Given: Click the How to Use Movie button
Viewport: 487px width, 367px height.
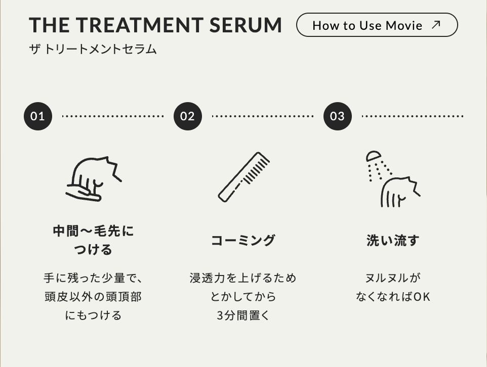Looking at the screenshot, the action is pyautogui.click(x=377, y=25).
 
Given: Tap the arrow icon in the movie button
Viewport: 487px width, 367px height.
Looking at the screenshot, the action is pyautogui.click(x=436, y=24).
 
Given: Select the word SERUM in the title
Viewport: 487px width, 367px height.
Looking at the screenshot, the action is pyautogui.click(x=246, y=25).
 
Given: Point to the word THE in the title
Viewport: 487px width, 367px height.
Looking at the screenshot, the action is pyautogui.click(x=49, y=25).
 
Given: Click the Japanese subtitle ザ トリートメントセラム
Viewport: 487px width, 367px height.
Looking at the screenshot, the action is pyautogui.click(x=93, y=50).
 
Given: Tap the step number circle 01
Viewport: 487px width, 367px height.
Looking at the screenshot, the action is pyautogui.click(x=38, y=116).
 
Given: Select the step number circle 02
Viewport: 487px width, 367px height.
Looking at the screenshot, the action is pyautogui.click(x=188, y=116).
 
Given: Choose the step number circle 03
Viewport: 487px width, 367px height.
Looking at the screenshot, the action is pyautogui.click(x=338, y=116).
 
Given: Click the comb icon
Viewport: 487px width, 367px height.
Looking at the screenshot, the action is pyautogui.click(x=243, y=177).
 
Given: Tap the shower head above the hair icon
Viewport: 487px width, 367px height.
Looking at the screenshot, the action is pyautogui.click(x=373, y=156).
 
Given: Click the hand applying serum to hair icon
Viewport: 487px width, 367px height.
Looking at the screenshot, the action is pyautogui.click(x=93, y=179).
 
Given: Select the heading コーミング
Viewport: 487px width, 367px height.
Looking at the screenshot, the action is pyautogui.click(x=243, y=241).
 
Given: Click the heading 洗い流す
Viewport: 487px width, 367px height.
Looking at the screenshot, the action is pyautogui.click(x=393, y=241).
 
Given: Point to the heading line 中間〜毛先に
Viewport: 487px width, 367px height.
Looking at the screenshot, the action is pyautogui.click(x=93, y=231).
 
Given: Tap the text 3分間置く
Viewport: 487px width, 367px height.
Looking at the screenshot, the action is pyautogui.click(x=243, y=315).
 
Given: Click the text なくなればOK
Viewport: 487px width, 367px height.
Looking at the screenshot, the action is pyautogui.click(x=393, y=297).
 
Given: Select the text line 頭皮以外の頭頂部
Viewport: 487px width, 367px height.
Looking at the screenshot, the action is pyautogui.click(x=93, y=297).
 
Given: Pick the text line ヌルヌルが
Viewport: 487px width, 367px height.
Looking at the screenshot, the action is pyautogui.click(x=393, y=278).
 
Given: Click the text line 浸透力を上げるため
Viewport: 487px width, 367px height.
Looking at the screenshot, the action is pyautogui.click(x=243, y=278).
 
